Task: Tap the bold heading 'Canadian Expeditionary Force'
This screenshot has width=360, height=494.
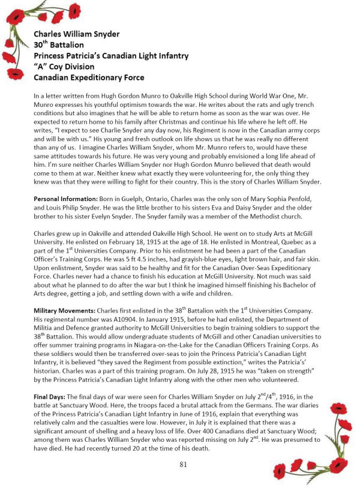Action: click(89, 77)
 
